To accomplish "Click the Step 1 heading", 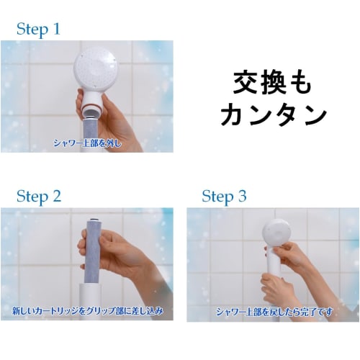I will click(x=48, y=30).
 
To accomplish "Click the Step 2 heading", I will click(x=39, y=197).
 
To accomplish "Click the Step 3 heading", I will click(x=224, y=197).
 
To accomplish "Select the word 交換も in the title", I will click(x=272, y=84).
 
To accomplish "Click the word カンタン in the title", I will click(x=273, y=115).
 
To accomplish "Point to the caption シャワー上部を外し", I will click(x=87, y=143).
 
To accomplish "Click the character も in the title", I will click(x=304, y=84).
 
